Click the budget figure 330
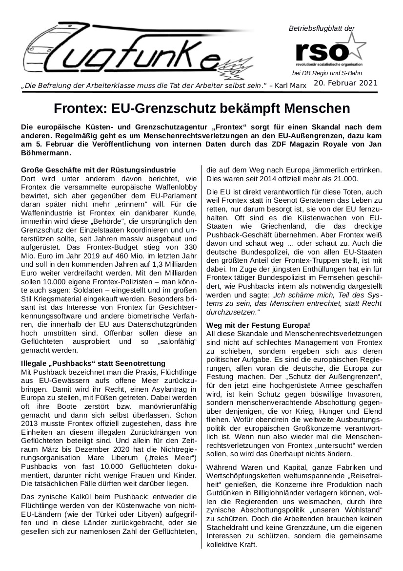click(x=190, y=248)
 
